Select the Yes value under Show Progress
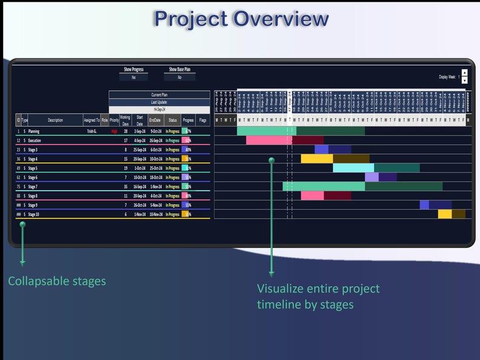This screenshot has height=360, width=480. (133, 77)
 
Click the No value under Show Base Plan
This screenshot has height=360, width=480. (179, 77)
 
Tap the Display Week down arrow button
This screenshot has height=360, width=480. (464, 80)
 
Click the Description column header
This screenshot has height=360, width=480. (55, 120)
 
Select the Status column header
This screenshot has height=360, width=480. (172, 120)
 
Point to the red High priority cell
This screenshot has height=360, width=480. (114, 131)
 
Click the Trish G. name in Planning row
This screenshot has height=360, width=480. (91, 131)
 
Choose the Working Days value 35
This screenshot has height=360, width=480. (125, 186)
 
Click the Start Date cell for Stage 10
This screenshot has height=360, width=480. (140, 214)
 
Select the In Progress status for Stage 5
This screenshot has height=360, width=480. (172, 168)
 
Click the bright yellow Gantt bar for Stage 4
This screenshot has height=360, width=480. (317, 159)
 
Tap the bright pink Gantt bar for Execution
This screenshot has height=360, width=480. (268, 140)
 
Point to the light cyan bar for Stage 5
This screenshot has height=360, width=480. (353, 168)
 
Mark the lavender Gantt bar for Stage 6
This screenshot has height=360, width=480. (371, 177)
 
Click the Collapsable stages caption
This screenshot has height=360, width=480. (57, 281)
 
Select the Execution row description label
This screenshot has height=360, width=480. (34, 140)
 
